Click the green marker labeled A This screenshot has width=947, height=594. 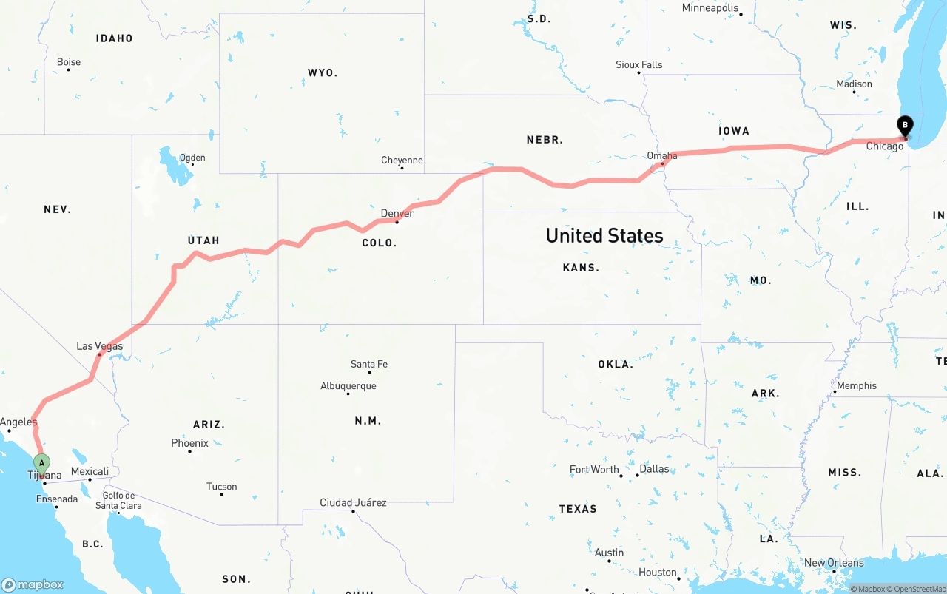coord(42,464)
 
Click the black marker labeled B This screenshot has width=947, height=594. coord(905,126)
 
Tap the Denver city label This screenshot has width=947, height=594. coord(397,213)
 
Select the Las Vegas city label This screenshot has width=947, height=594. coord(100,346)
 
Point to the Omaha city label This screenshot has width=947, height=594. coord(661,155)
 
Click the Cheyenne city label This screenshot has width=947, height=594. coord(402,160)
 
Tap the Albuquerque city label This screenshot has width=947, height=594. coord(348,385)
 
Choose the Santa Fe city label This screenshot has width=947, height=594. coord(368,364)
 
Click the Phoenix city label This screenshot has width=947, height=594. coord(189,443)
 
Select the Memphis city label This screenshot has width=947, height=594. coord(856,385)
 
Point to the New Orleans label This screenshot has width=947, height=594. coord(834,563)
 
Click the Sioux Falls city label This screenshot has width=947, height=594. coord(638,64)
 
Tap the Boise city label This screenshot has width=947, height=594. coord(69,62)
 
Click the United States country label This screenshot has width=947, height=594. coord(604,235)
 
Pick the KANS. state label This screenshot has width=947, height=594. coord(581,267)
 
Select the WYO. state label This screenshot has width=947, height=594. coord(323,72)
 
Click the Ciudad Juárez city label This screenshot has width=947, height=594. coord(353,502)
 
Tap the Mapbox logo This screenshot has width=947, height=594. coord(33,584)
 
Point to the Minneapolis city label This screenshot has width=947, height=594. coord(710,8)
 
